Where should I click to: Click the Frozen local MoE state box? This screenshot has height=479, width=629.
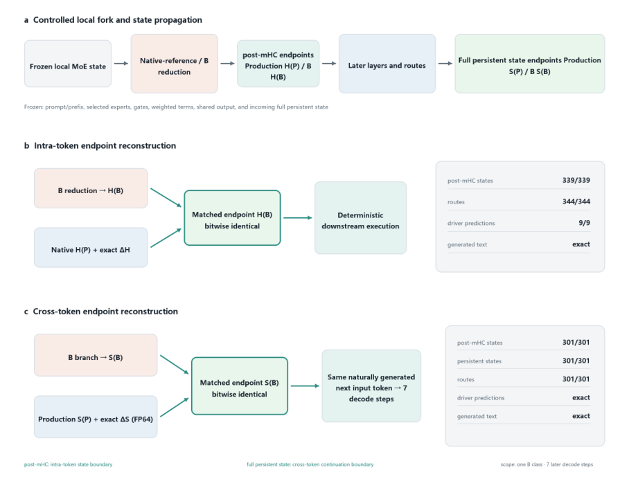point(68,63)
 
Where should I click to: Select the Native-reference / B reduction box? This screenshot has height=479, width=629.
point(174,63)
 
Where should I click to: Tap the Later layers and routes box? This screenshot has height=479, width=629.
point(387,63)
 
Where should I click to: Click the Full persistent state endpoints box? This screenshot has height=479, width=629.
point(529,63)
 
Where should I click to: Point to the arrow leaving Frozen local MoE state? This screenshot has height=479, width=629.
point(121,63)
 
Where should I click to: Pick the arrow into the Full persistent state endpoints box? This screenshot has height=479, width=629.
point(445,63)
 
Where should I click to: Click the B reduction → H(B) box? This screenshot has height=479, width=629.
point(91,188)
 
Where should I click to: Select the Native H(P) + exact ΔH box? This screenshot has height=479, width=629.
point(91,247)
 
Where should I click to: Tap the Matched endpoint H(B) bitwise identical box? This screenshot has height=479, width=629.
point(232,217)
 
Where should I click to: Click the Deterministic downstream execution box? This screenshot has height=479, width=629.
point(361,217)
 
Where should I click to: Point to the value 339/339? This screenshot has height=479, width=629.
point(576,181)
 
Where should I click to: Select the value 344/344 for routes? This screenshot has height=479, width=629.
point(576,201)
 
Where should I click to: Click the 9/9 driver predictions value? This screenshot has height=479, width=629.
point(585,223)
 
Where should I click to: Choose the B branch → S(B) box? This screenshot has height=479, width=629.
point(96,355)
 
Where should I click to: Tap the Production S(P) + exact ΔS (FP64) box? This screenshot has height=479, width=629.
point(96,417)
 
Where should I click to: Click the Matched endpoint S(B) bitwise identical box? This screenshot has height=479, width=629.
point(240,386)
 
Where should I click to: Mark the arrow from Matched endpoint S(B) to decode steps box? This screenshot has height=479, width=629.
point(305,386)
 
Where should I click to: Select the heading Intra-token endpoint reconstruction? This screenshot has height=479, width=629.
point(105,145)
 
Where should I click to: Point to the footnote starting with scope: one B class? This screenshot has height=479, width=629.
point(547,464)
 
